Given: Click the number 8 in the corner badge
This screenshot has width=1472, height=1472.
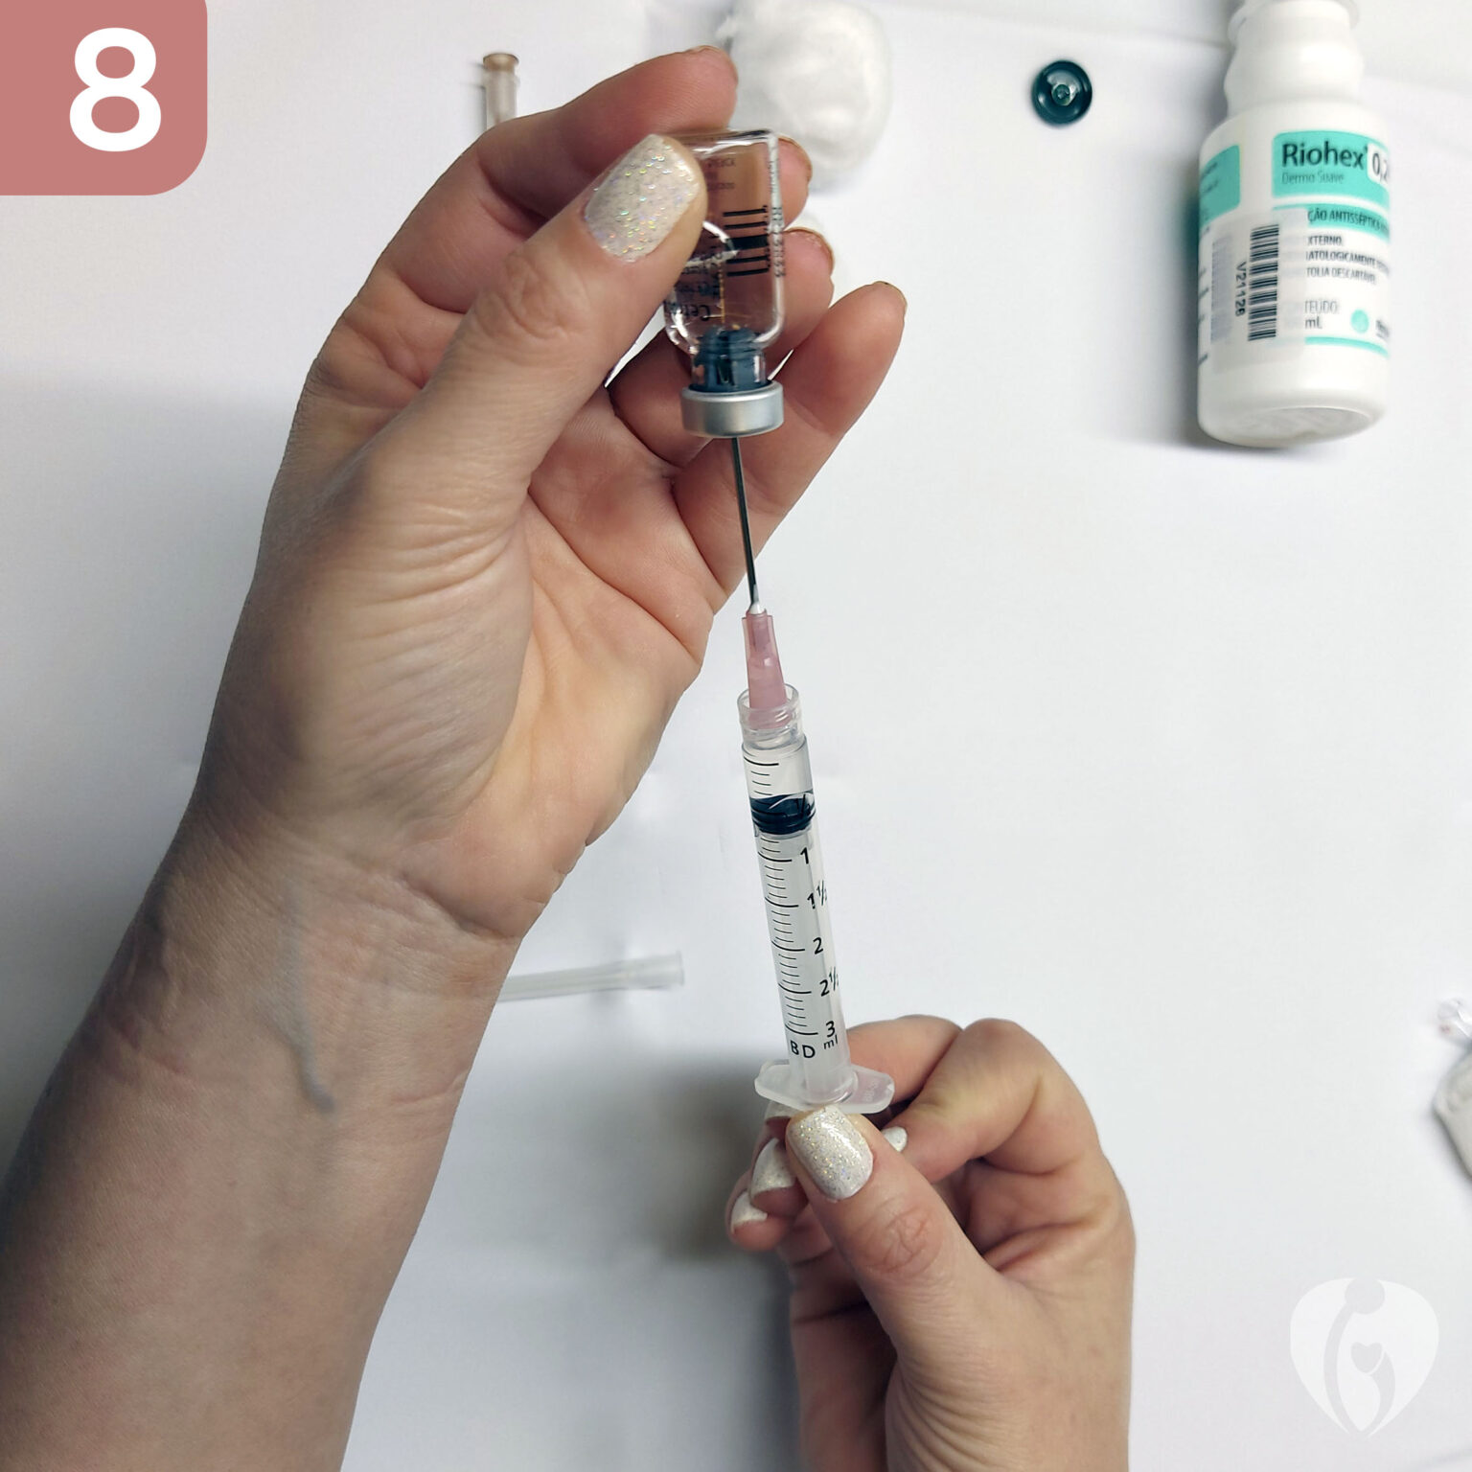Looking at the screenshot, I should (x=113, y=94).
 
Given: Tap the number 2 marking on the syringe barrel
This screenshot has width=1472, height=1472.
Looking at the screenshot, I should (x=817, y=945).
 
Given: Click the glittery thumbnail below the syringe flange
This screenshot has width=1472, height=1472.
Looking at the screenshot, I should (x=830, y=1151).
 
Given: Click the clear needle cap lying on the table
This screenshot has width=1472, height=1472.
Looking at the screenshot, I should (x=594, y=977).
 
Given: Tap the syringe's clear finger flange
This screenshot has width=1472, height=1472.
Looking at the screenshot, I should (x=824, y=1088).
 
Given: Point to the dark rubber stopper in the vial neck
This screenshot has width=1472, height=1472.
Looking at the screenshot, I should (x=731, y=355).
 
